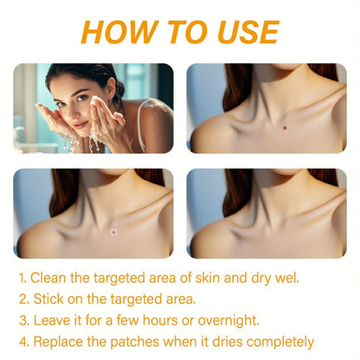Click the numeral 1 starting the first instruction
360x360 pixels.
(22, 278)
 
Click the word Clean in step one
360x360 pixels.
(51, 278)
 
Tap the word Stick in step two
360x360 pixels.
(48, 299)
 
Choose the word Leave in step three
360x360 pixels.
(52, 320)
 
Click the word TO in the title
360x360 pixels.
(179, 32)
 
